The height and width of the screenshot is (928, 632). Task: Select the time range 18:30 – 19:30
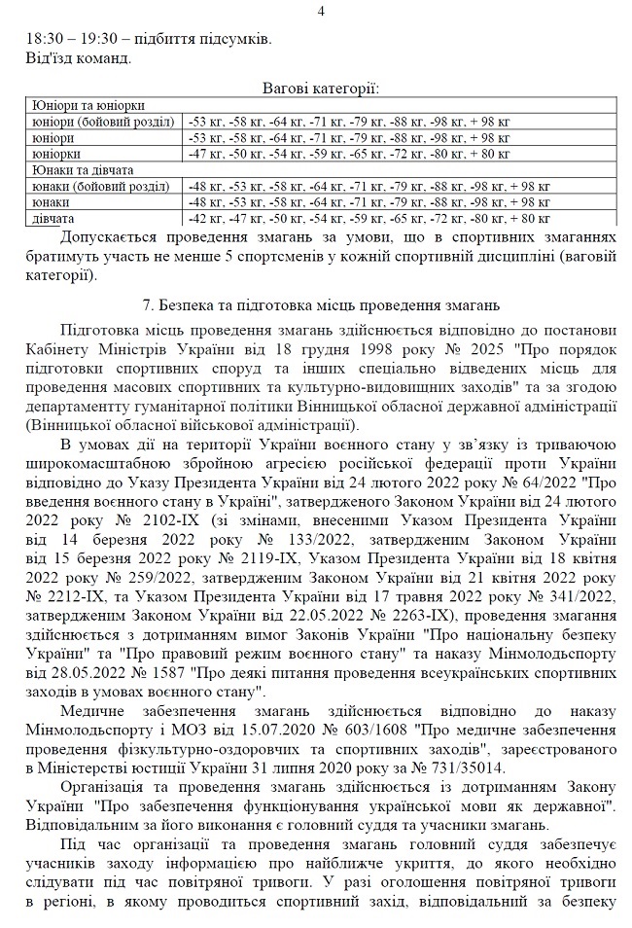[68, 40]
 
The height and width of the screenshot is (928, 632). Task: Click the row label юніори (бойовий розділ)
[101, 122]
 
